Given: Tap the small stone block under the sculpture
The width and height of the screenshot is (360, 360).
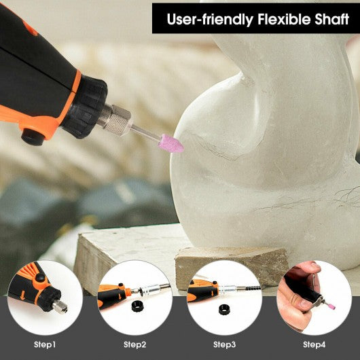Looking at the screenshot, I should coord(231,264).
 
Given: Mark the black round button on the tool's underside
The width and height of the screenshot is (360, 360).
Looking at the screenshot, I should coord(31,137).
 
